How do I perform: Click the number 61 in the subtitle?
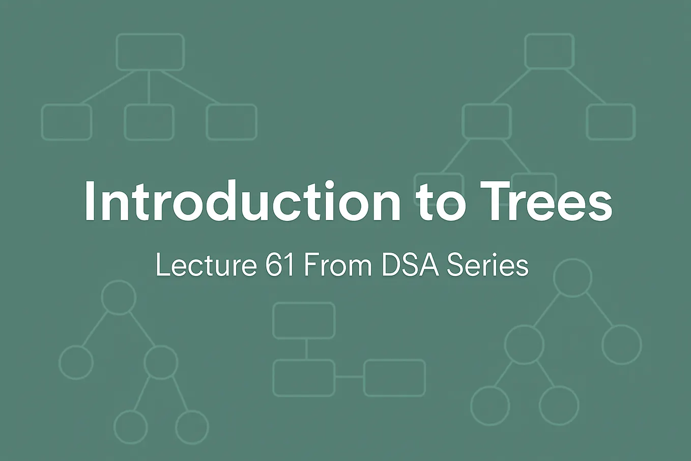pos(280,265)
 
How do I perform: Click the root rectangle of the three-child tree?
pos(150,52)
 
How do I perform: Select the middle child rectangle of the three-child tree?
pos(149,122)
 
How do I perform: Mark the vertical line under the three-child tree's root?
pos(149,87)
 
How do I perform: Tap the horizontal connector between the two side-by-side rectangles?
pos(350,377)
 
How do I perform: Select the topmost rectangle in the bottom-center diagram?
pos(304,320)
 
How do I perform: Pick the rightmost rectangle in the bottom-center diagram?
pos(395,377)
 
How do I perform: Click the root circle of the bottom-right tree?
pos(572,278)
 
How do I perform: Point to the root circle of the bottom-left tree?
pos(119,297)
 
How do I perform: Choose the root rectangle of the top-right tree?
pos(550,51)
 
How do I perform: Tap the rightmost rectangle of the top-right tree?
pos(611,122)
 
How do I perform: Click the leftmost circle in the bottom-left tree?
pos(76,362)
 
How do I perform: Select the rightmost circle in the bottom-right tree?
pos(621,344)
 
